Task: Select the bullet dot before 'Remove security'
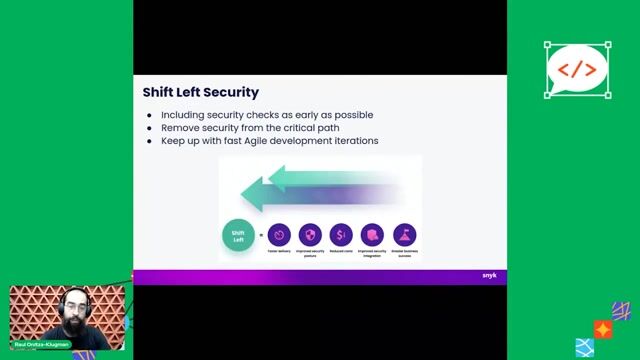[150, 128]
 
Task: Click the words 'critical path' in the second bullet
[315, 128]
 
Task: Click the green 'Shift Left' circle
[237, 236]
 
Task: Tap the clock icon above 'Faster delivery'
[279, 235]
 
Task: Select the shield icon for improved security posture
[310, 235]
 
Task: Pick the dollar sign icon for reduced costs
[341, 235]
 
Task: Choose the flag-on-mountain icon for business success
[404, 235]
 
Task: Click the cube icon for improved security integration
[373, 235]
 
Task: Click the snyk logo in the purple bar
[488, 276]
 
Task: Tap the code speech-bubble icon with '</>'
[577, 70]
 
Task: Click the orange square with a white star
[602, 329]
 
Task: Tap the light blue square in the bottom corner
[585, 348]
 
